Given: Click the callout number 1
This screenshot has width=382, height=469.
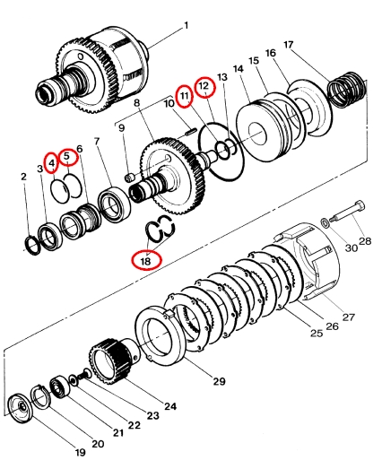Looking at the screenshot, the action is click(186, 26).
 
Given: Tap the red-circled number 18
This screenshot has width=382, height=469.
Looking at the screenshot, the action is click(146, 261).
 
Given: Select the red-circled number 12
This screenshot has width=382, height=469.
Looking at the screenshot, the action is click(205, 86).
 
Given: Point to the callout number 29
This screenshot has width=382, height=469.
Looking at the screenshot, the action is click(219, 381).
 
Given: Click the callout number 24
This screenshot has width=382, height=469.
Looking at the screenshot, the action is click(170, 406).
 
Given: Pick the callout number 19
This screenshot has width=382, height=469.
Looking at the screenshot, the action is click(80, 452).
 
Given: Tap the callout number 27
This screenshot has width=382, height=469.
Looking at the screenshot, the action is click(348, 317).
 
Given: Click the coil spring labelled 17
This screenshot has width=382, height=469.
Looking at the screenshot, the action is click(347, 90).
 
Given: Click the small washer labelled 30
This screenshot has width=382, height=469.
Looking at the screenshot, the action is click(325, 222).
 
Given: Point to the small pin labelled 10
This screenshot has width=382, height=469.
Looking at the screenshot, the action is click(189, 132).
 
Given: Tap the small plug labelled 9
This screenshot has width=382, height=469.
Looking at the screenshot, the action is click(129, 178).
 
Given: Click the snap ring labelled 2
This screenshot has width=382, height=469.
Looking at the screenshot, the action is click(31, 246).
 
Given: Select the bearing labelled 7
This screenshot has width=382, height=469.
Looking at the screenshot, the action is click(115, 204).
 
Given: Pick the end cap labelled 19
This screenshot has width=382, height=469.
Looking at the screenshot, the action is click(21, 409).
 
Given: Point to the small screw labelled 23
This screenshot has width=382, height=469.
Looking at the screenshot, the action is click(83, 374).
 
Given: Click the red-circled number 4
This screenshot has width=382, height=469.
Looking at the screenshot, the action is click(51, 162).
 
